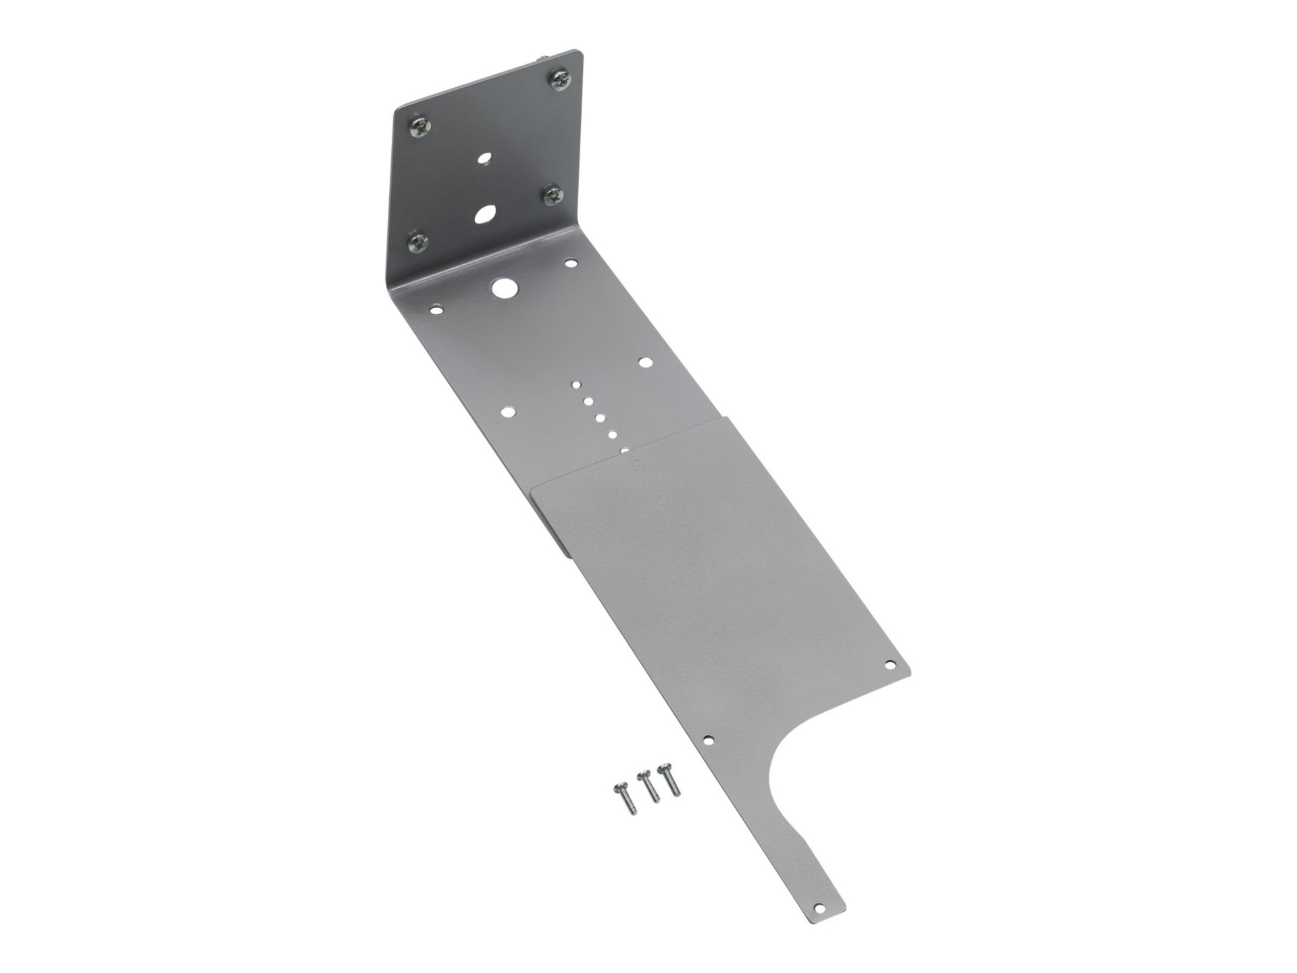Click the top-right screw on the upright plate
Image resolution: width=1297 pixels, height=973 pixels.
pos(560,80)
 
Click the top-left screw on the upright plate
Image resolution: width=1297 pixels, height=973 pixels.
pos(419,126)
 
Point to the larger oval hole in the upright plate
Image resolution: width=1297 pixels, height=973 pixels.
pos(484,215)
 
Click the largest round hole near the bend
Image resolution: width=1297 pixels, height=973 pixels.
pos(503,288)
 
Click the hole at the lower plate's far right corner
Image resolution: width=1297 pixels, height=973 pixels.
pos(890,664)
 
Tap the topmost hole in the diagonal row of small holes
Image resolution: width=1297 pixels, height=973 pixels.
pos(576,385)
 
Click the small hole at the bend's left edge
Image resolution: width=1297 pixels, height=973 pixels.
pos(436,310)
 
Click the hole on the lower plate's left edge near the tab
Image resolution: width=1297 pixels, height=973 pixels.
pos(707,740)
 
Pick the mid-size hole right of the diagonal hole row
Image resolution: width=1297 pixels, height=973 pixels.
pos(646,362)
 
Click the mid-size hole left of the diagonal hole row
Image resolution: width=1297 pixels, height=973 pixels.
pos(507,411)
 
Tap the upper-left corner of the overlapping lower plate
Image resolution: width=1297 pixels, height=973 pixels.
pos(534,488)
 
